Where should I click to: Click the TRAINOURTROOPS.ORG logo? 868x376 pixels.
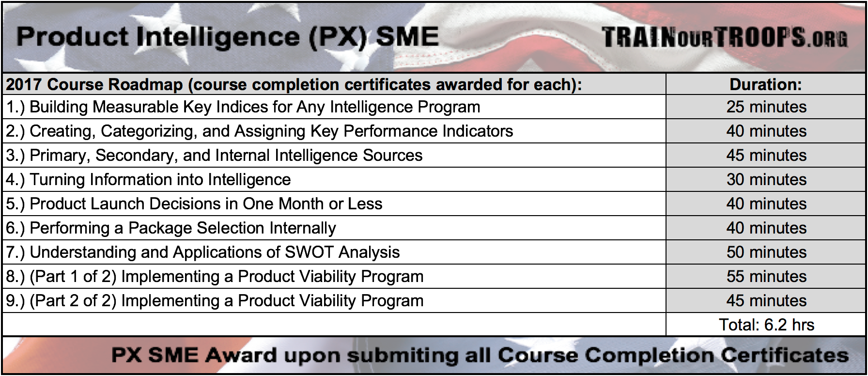click(x=725, y=37)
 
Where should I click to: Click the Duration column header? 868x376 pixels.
click(x=766, y=84)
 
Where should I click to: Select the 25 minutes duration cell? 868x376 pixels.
click(x=766, y=107)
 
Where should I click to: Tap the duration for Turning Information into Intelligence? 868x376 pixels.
click(x=766, y=179)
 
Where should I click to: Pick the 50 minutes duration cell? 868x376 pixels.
click(x=766, y=252)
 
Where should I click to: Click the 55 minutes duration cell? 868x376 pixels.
click(x=766, y=276)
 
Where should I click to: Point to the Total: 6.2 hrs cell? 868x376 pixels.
click(x=766, y=325)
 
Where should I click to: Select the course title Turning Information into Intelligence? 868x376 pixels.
click(x=160, y=179)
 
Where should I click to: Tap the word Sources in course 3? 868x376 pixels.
click(x=392, y=155)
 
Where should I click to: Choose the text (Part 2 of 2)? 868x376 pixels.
click(x=73, y=301)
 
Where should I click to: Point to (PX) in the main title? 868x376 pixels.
click(x=338, y=37)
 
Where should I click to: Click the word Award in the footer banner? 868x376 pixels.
click(x=241, y=355)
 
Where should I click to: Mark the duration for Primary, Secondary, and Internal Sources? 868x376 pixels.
click(x=766, y=155)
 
